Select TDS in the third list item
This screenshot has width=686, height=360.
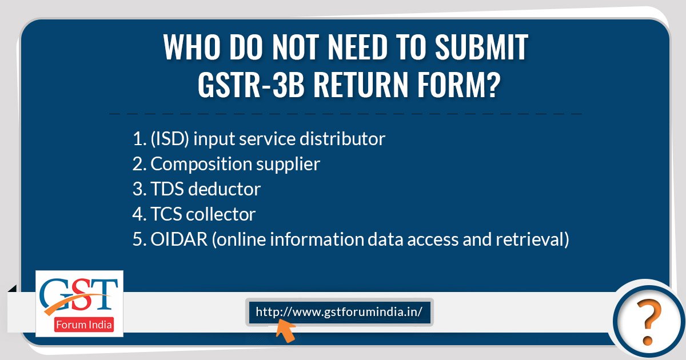point(167,189)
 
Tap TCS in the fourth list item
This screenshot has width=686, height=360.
point(166,214)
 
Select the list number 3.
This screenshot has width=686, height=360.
point(137,189)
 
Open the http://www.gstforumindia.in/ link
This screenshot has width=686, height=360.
point(339,312)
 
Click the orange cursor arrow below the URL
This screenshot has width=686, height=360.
point(285,332)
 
